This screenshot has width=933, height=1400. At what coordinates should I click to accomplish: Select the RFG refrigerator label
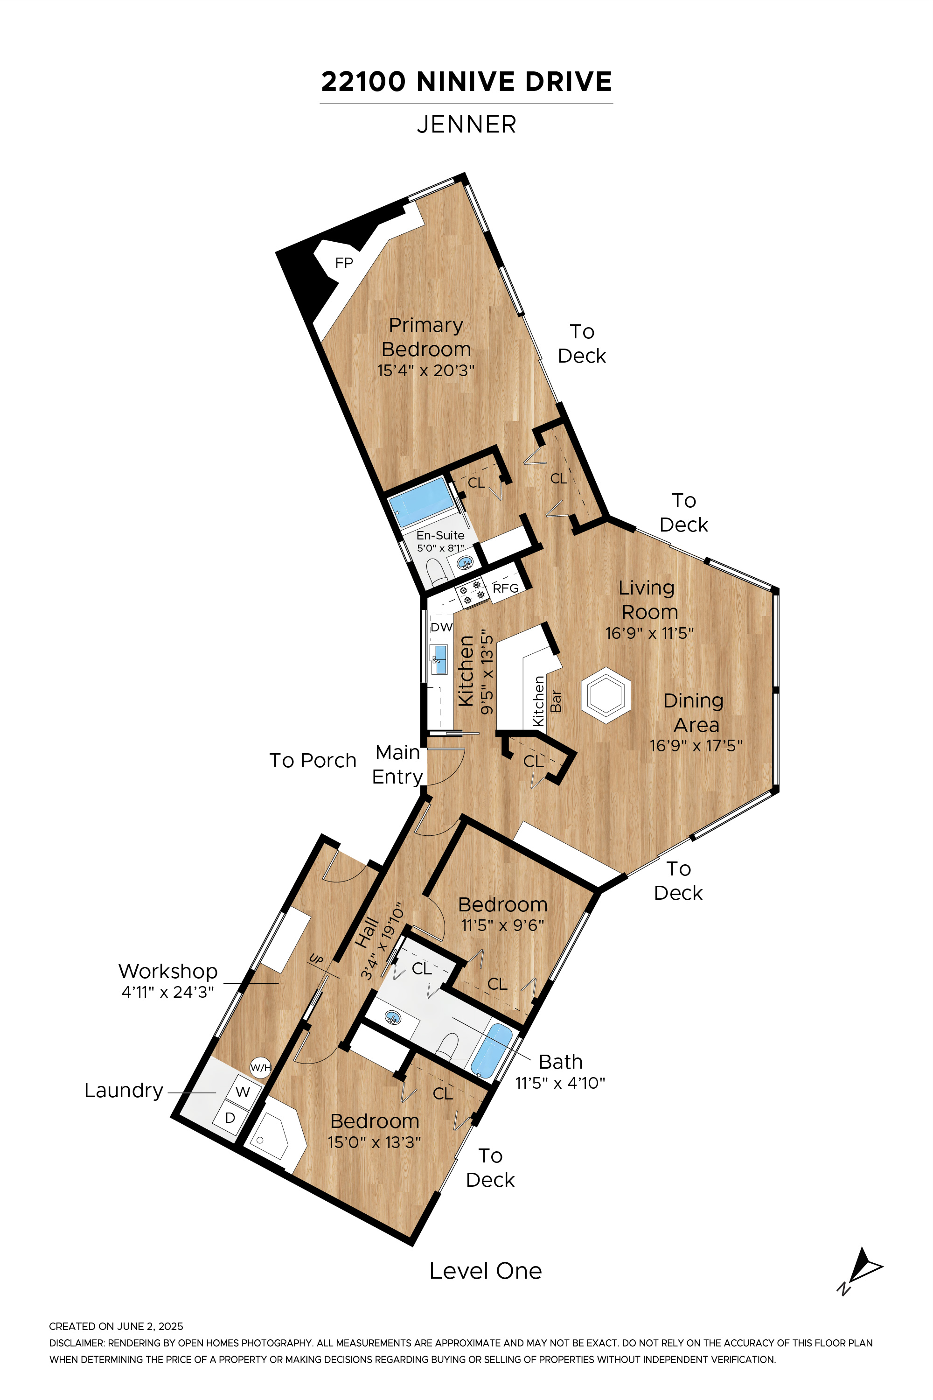pos(506,588)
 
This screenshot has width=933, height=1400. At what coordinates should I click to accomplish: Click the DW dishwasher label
pos(441,627)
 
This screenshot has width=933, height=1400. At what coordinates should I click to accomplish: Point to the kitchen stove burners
pos(471,592)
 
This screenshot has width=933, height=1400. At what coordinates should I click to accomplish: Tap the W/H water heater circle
pos(260,1067)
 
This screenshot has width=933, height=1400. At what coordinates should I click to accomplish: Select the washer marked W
pos(242,1091)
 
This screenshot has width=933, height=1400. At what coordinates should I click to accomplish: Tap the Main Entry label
pos(397,765)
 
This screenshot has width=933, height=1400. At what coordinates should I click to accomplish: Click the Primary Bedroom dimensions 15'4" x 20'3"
pos(426,370)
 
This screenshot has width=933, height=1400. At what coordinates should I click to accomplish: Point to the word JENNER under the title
pos(466,125)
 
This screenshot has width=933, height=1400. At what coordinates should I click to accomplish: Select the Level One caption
pos(486,1271)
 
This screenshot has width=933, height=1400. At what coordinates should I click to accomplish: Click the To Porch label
pos(313,760)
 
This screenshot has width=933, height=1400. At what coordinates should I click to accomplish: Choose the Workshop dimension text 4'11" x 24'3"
pos(168,992)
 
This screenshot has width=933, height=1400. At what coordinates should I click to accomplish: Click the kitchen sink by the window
pos(439,659)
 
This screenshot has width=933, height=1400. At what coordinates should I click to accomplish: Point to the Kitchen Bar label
pos(547,700)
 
